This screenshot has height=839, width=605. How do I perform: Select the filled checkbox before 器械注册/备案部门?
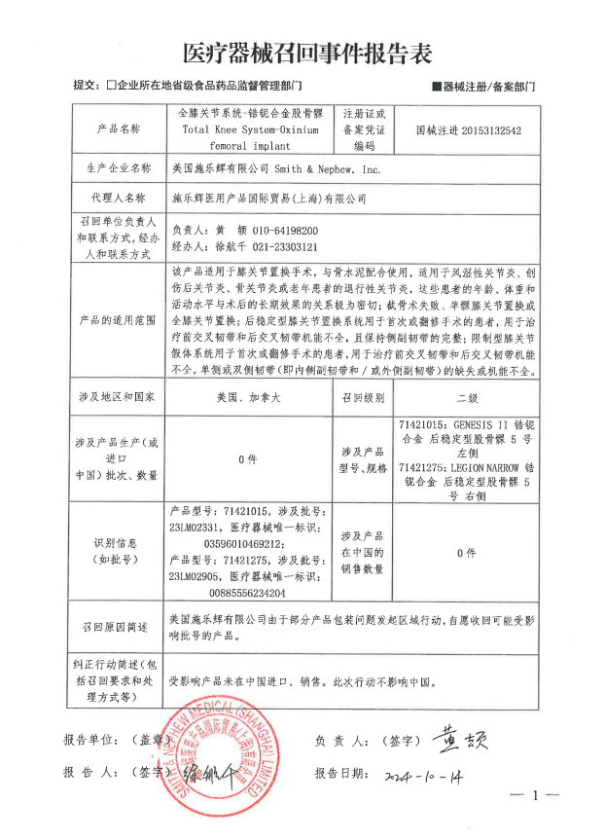(436, 88)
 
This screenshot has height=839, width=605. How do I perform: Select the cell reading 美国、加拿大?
(251, 398)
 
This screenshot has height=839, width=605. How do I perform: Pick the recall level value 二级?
(469, 398)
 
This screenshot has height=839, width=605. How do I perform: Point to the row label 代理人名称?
(120, 198)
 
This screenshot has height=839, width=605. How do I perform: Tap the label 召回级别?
(364, 398)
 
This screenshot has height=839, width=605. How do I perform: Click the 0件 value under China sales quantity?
(469, 552)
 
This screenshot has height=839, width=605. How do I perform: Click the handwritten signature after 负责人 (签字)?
(460, 738)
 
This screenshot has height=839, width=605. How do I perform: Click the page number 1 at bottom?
(533, 795)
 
